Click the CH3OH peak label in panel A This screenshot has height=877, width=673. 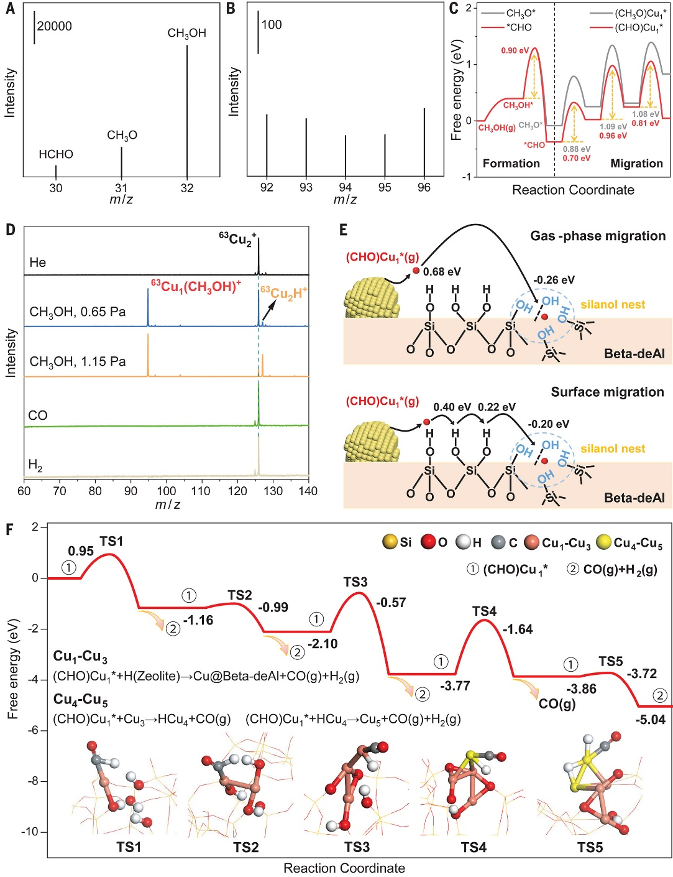point(186,34)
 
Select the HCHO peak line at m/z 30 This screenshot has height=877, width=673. point(56,171)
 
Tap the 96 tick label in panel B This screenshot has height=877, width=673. point(424,187)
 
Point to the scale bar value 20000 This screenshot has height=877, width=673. point(54,26)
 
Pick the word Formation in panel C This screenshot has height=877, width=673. point(511,164)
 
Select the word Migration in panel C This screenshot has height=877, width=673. point(636,164)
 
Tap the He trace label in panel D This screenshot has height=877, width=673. point(37,262)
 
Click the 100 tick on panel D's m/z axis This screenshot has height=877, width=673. point(166,491)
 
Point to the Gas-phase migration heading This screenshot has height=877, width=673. point(598,236)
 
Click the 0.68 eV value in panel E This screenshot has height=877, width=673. point(442,272)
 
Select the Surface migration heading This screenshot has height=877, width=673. point(607,392)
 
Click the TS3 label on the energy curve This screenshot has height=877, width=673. point(355,582)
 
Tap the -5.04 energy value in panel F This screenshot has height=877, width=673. point(651,720)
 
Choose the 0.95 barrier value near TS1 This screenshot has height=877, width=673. point(81,551)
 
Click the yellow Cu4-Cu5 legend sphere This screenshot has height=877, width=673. point(603,542)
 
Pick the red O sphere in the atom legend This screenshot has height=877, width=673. point(428,542)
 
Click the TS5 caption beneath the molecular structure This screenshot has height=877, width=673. point(590,847)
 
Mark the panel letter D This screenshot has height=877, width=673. point(10,230)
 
